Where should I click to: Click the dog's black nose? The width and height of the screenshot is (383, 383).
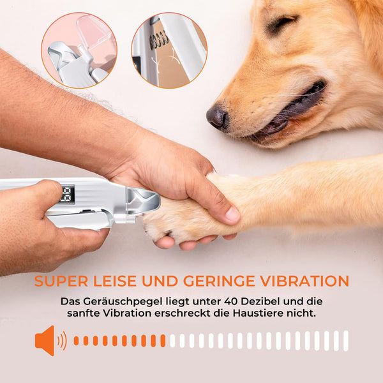click(x=216, y=117)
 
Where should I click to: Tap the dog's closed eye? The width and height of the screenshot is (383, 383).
click(x=283, y=22)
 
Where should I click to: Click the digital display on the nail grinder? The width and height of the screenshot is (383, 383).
click(x=67, y=194)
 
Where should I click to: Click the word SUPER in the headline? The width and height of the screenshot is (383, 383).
click(x=61, y=281)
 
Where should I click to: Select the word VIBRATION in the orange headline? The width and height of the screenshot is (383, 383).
click(x=304, y=281)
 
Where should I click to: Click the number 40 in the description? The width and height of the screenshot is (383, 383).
click(x=231, y=301)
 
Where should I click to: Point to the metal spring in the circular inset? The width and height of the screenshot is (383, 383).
click(x=159, y=40)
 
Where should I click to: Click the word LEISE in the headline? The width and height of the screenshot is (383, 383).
click(x=115, y=281)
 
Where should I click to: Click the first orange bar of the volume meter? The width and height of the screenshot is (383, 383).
click(x=76, y=341)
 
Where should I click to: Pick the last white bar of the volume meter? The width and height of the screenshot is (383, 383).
click(x=345, y=341)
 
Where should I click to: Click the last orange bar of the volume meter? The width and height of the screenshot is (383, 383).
click(x=163, y=341)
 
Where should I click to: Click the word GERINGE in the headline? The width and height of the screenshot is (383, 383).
click(x=219, y=281)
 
